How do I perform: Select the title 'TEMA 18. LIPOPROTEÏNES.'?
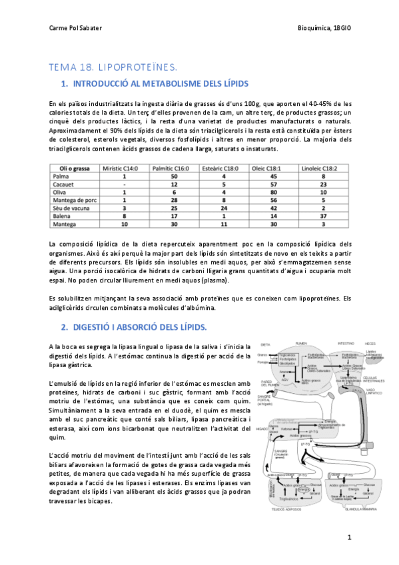[113, 67]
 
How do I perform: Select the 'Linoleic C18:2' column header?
[322, 169]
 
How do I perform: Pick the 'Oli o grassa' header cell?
[73, 169]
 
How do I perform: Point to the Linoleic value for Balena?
[322, 218]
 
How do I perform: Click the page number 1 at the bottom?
[348, 536]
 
